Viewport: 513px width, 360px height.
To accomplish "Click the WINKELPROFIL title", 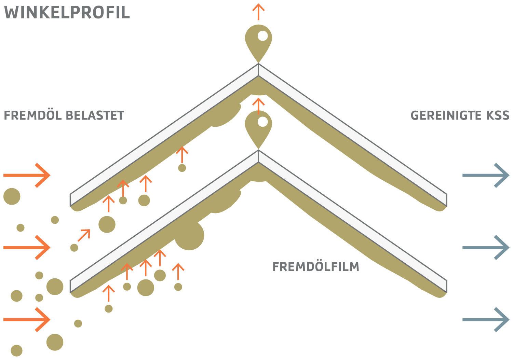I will coord(67,12).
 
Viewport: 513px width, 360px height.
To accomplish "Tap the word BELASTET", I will coord(94,115).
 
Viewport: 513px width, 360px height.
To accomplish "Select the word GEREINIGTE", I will coord(443,115).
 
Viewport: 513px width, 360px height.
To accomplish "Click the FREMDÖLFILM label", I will coord(316,267).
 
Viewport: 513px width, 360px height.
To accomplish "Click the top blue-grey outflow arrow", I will coord(486,175).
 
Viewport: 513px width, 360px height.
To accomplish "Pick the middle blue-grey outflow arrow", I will coord(486,247).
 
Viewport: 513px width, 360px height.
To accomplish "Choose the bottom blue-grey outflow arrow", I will coord(486,319).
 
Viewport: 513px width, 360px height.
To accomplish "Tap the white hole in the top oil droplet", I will coord(262,36).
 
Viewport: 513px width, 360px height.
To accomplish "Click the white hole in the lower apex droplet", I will coord(262,122).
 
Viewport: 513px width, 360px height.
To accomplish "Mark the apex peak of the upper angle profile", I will coord(259,65).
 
